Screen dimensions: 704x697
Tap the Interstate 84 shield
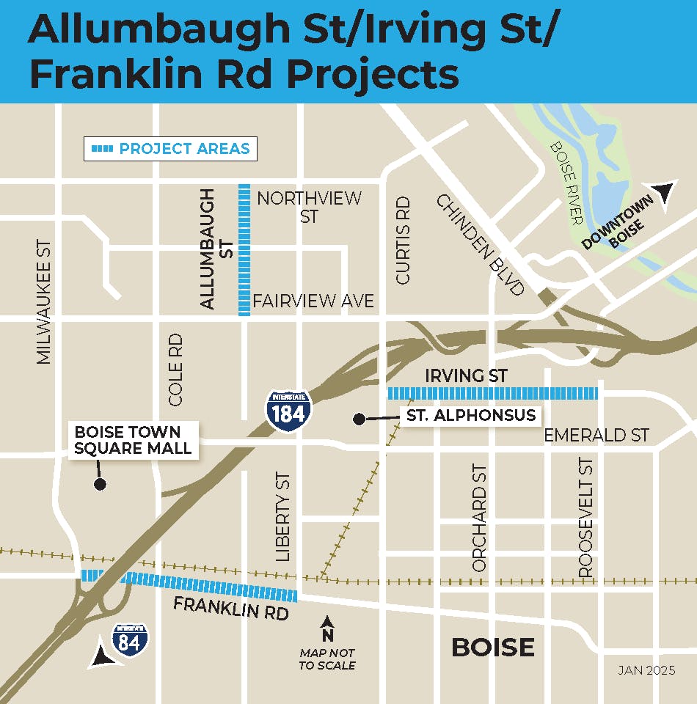[x=129, y=639]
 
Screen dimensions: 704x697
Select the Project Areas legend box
[x=169, y=149]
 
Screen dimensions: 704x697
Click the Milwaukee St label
[x=45, y=299]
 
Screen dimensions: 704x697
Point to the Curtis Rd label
[x=403, y=240]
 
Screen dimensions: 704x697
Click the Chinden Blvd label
[x=481, y=244]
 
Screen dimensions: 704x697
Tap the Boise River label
[x=566, y=183]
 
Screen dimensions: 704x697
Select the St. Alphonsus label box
[x=471, y=416]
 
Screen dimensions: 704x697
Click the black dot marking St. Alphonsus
[x=359, y=419]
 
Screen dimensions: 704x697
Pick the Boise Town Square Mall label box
[x=133, y=439]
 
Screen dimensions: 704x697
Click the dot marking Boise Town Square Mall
[x=100, y=484]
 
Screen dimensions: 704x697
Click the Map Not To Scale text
[x=327, y=659]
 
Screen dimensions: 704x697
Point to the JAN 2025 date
[x=646, y=670]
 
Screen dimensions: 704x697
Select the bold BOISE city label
[x=492, y=647]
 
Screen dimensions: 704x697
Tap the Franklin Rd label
[x=231, y=608]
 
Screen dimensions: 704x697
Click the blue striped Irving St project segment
[x=492, y=393]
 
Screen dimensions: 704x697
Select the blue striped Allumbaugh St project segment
[x=244, y=249]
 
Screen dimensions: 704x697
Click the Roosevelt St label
[x=585, y=518]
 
